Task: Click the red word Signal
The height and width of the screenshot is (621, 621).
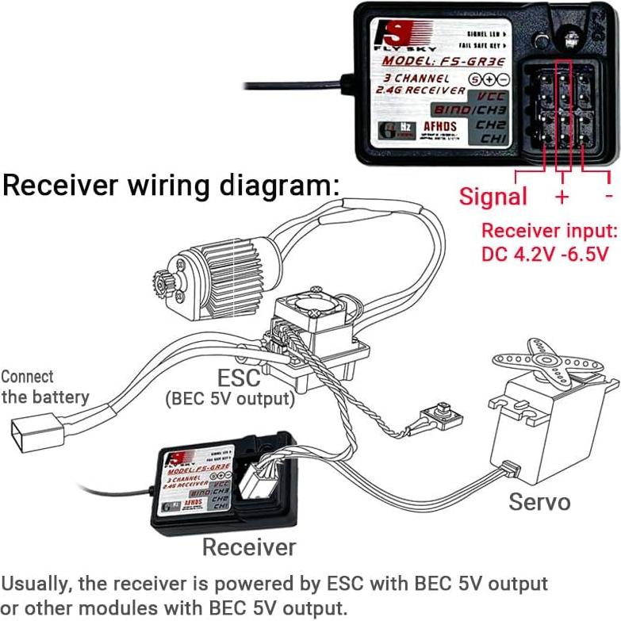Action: pyautogui.click(x=493, y=197)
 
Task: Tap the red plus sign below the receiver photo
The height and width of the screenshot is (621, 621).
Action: pyautogui.click(x=562, y=196)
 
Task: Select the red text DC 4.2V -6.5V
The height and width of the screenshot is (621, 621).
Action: pyautogui.click(x=545, y=255)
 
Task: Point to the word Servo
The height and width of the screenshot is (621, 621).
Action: pyautogui.click(x=539, y=501)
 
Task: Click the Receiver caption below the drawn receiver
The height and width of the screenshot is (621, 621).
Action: pyautogui.click(x=249, y=546)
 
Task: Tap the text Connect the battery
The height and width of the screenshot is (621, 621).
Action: pyautogui.click(x=45, y=387)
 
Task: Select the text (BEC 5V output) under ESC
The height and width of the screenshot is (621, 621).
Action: pyautogui.click(x=230, y=399)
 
